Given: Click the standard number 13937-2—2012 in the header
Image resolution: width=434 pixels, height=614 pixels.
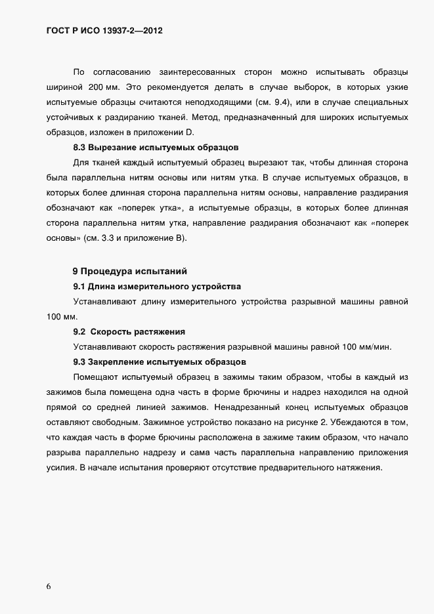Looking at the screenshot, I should (x=130, y=30).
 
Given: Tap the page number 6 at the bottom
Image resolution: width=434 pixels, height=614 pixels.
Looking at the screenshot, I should (x=49, y=586).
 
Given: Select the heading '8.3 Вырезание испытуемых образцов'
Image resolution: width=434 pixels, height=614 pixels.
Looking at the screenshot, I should (x=155, y=148).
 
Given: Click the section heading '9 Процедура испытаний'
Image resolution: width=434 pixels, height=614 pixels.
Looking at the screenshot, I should (x=130, y=271).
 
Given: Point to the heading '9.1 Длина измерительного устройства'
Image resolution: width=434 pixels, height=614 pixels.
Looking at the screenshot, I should (x=157, y=286).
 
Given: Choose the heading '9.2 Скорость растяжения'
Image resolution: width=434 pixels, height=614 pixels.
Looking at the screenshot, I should (x=129, y=331).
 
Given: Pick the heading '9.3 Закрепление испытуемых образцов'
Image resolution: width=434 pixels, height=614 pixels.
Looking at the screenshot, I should (x=160, y=361).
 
